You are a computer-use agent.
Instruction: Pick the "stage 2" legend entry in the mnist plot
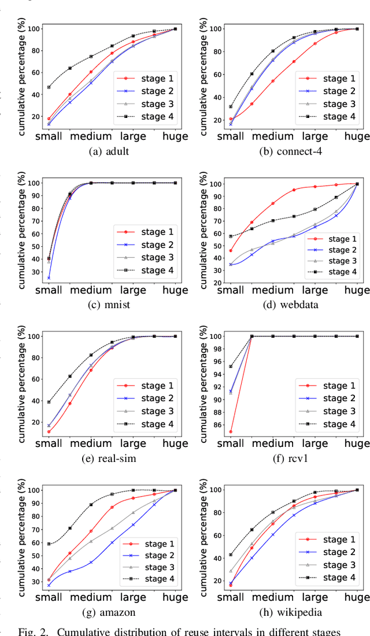coord(153,245)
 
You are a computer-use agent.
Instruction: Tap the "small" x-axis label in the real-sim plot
coord(49,444)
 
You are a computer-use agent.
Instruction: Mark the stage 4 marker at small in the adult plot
coord(49,87)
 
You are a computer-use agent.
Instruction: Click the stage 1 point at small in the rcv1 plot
coord(231,431)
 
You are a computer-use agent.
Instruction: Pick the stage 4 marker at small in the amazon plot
coord(49,543)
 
